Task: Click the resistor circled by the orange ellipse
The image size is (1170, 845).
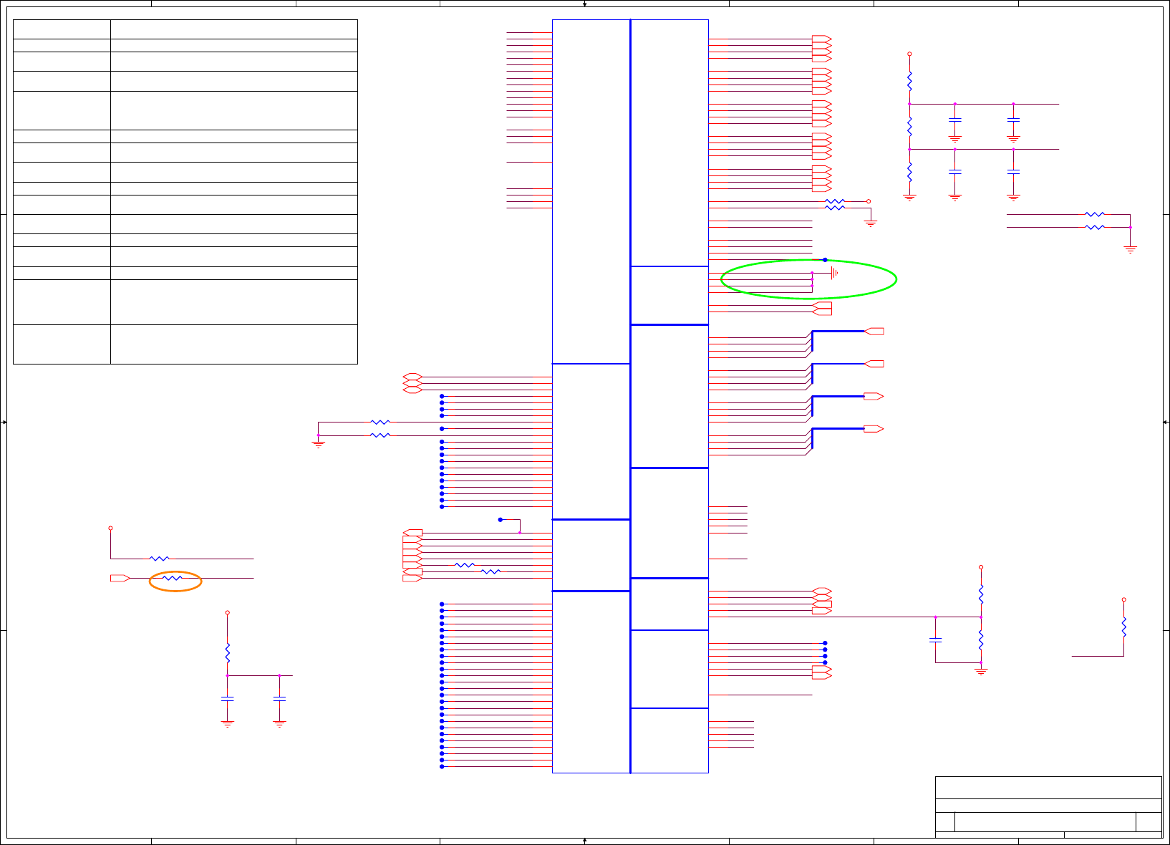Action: [x=173, y=578]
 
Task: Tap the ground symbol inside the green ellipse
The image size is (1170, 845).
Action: [x=834, y=273]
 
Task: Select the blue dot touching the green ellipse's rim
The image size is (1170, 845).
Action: [x=825, y=260]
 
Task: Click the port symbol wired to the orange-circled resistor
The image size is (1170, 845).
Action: [x=120, y=578]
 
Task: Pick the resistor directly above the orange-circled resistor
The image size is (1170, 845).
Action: [x=159, y=559]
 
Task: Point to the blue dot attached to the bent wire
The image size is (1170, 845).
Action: [x=501, y=520]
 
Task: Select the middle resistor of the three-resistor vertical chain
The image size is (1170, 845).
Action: [x=909, y=127]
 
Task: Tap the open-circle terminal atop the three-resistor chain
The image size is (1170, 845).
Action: [x=909, y=54]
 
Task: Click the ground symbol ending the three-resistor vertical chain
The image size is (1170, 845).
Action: [x=909, y=197]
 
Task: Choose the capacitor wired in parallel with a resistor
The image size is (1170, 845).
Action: [x=935, y=639]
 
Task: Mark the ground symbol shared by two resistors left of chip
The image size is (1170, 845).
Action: [x=319, y=444]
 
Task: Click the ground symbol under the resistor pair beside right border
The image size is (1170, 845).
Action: [x=1131, y=249]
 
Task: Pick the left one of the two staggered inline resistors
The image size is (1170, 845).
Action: [x=465, y=565]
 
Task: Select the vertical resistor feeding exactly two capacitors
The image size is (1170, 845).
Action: [x=228, y=653]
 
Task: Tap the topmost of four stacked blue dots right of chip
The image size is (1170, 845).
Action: [x=825, y=643]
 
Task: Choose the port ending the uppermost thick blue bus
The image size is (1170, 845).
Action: [x=874, y=332]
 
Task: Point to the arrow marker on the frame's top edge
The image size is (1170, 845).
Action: [x=585, y=4]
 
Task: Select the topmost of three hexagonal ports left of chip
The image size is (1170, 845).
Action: [x=412, y=377]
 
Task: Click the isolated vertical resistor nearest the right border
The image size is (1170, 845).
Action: [x=1124, y=627]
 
